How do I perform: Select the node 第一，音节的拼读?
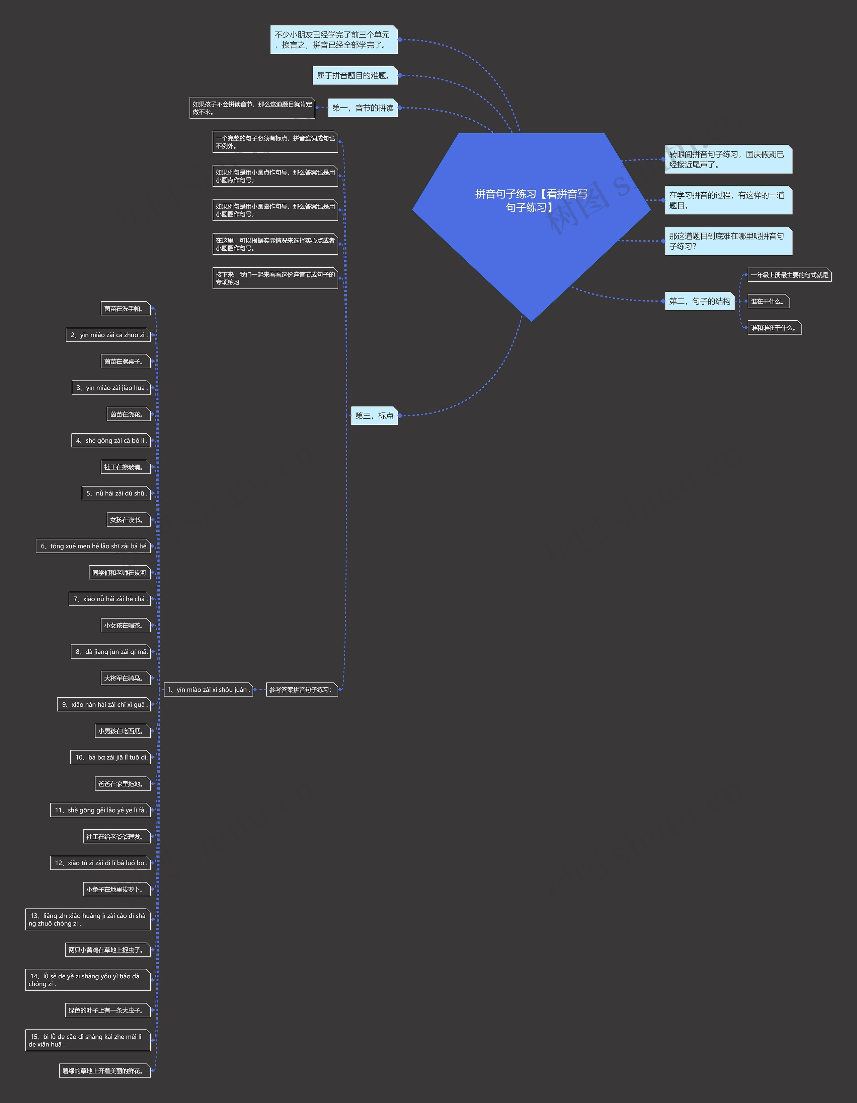click(x=363, y=108)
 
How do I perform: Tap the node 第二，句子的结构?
click(x=700, y=301)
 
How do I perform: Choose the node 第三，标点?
click(x=374, y=416)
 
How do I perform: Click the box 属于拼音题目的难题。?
click(x=355, y=76)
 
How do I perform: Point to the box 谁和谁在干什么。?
click(x=775, y=328)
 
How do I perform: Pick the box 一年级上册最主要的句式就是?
click(x=789, y=275)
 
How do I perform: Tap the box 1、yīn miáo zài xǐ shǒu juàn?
click(x=209, y=690)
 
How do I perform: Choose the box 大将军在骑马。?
click(x=126, y=678)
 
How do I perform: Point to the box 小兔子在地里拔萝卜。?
click(x=116, y=889)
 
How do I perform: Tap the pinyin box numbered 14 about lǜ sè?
click(x=88, y=980)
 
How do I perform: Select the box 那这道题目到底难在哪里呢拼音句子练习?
click(x=728, y=241)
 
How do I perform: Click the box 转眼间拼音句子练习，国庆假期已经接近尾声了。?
click(x=728, y=159)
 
